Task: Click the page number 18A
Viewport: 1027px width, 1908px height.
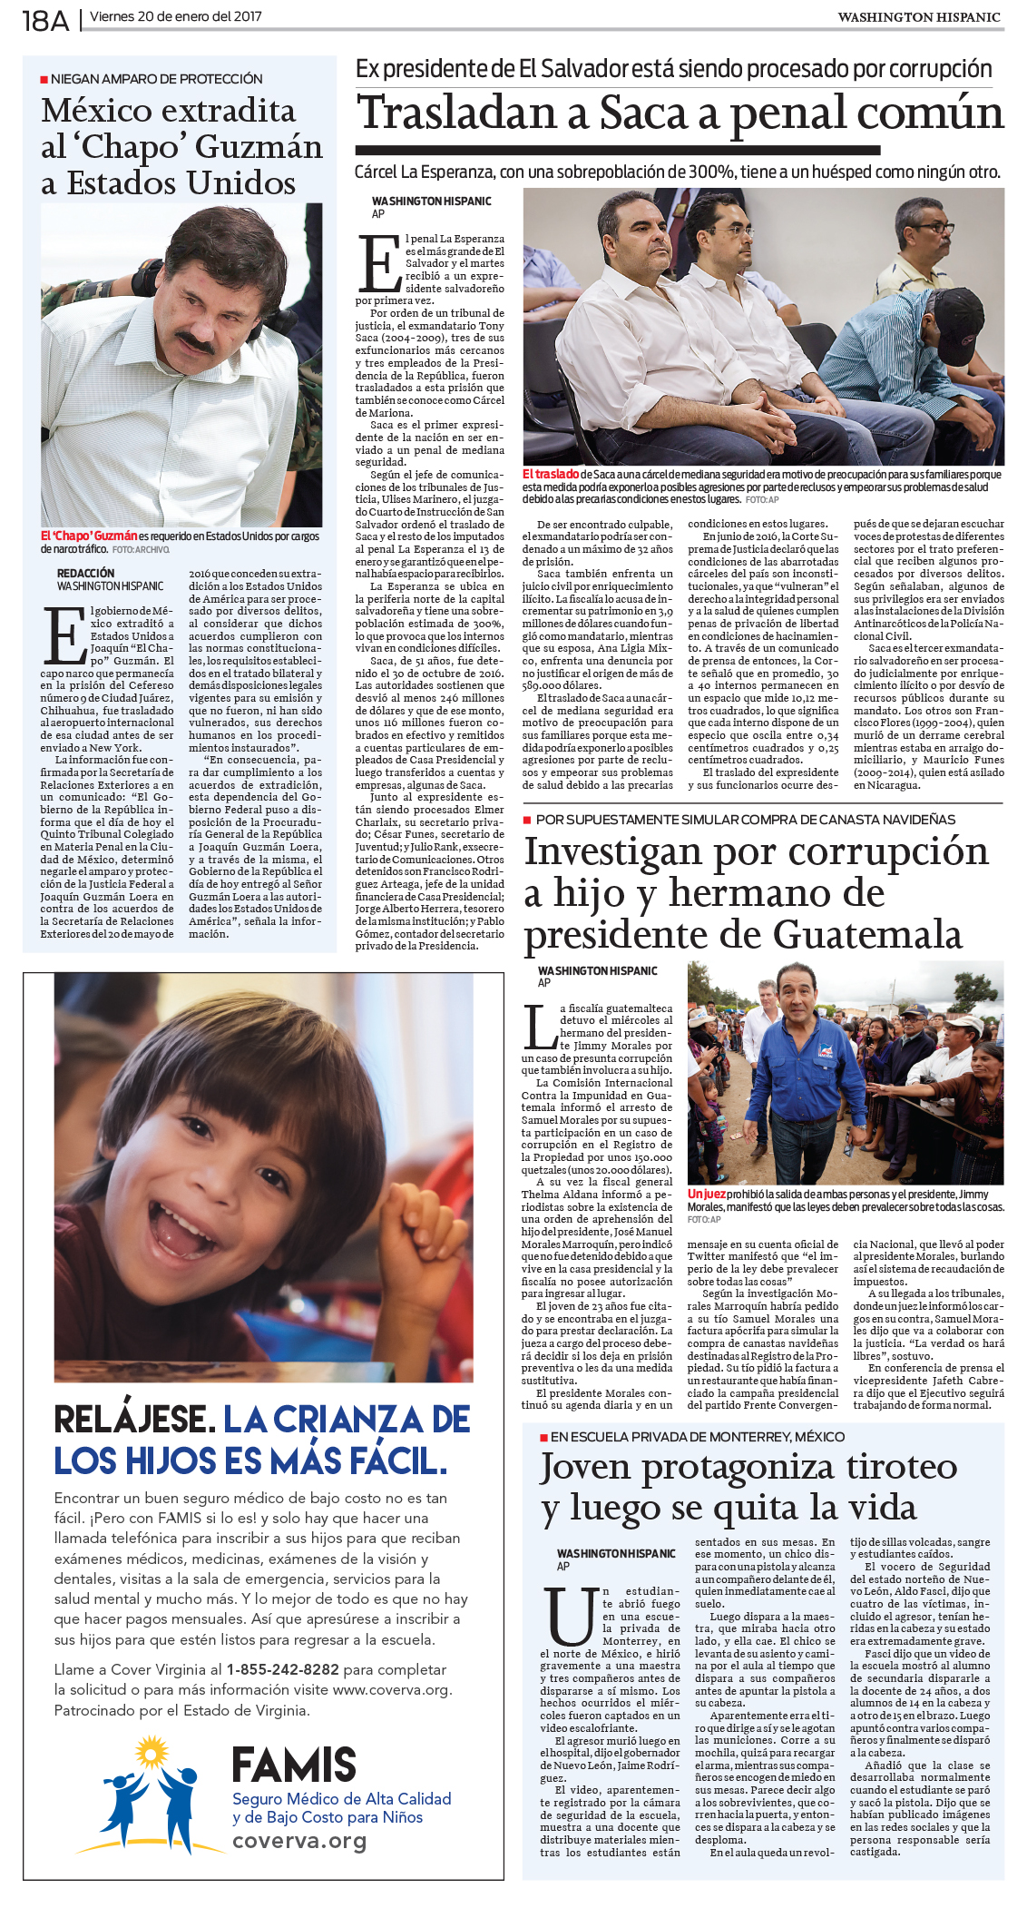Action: click(45, 20)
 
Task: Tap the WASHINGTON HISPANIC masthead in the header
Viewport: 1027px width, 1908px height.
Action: click(918, 17)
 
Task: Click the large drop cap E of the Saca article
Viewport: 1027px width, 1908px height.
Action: click(380, 264)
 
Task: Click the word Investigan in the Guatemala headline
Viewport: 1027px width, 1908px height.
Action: click(614, 851)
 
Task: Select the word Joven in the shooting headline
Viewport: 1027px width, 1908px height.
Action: click(585, 1467)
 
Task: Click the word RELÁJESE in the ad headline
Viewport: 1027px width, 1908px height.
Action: click(134, 1419)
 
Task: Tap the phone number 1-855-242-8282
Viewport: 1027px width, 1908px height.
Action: click(283, 1669)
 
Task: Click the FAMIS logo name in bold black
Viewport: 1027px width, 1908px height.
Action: click(294, 1765)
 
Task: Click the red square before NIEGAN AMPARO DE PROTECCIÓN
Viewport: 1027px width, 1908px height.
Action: click(44, 80)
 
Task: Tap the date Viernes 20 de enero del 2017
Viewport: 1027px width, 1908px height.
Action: click(176, 17)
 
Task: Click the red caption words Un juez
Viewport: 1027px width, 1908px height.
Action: click(706, 1195)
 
